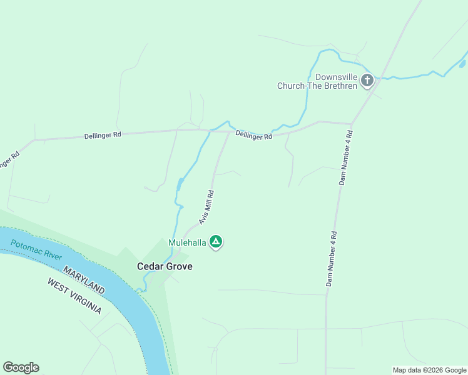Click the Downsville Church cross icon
[x=367, y=80]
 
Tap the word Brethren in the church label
[x=339, y=86]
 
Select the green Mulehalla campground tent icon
[x=216, y=241]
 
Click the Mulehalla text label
[x=187, y=242]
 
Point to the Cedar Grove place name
[x=165, y=266]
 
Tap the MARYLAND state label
[x=83, y=278]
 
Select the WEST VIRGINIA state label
[x=74, y=296]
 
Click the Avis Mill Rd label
[x=206, y=207]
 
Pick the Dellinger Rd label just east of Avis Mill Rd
[x=254, y=135]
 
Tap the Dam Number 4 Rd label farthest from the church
[x=332, y=259]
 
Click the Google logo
[x=21, y=367]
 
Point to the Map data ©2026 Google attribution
[x=429, y=370]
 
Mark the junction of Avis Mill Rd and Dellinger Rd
[x=230, y=131]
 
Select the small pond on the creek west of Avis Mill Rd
[x=180, y=184]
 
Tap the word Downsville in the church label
[x=336, y=77]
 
